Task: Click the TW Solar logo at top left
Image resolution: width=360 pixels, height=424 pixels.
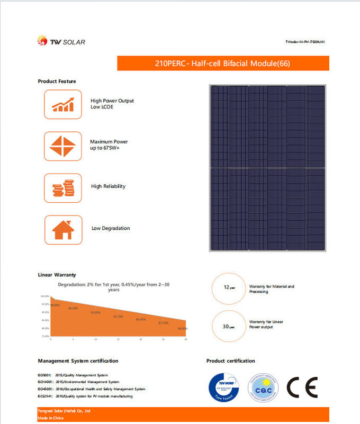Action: click(61, 41)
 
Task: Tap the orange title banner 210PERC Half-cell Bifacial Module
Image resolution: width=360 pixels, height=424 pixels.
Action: click(223, 64)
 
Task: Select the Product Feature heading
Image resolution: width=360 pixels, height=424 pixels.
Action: click(57, 81)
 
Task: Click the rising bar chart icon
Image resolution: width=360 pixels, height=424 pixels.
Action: click(62, 104)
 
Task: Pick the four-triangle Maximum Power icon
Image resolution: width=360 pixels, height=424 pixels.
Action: click(62, 146)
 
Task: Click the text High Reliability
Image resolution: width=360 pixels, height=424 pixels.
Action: click(108, 186)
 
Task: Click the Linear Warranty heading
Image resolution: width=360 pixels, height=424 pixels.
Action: click(57, 275)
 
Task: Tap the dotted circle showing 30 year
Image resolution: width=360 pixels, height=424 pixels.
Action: click(229, 327)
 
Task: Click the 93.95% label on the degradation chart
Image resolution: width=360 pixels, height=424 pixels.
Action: click(95, 312)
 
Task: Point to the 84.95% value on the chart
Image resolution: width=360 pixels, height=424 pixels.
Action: click(183, 329)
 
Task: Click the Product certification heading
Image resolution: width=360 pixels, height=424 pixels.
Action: click(230, 361)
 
